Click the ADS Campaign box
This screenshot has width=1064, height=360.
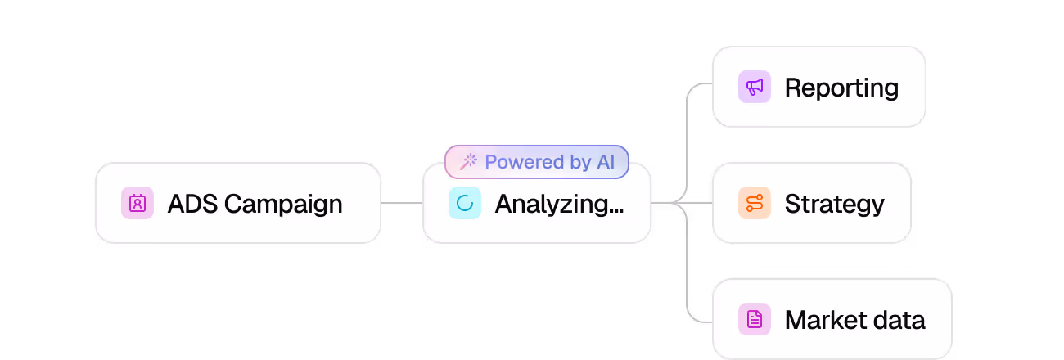tap(237, 203)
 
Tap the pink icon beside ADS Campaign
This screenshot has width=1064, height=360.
tap(138, 203)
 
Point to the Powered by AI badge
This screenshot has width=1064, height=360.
tap(537, 162)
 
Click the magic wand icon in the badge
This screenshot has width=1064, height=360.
tap(469, 162)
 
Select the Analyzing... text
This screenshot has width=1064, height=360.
tap(559, 204)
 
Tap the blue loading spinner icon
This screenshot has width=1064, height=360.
tap(465, 203)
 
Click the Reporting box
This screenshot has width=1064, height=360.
tap(818, 87)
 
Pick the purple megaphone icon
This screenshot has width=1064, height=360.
tap(755, 87)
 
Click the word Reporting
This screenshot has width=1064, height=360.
tap(841, 88)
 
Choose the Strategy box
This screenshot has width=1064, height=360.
tap(811, 203)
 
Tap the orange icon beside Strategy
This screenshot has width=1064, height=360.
tap(755, 203)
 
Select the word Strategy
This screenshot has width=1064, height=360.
tap(834, 204)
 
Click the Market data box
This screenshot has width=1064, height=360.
tap(832, 319)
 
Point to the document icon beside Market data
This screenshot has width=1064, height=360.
tap(755, 319)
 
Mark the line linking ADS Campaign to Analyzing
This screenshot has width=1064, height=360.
tap(401, 203)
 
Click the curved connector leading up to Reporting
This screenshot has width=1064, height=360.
tap(688, 123)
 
